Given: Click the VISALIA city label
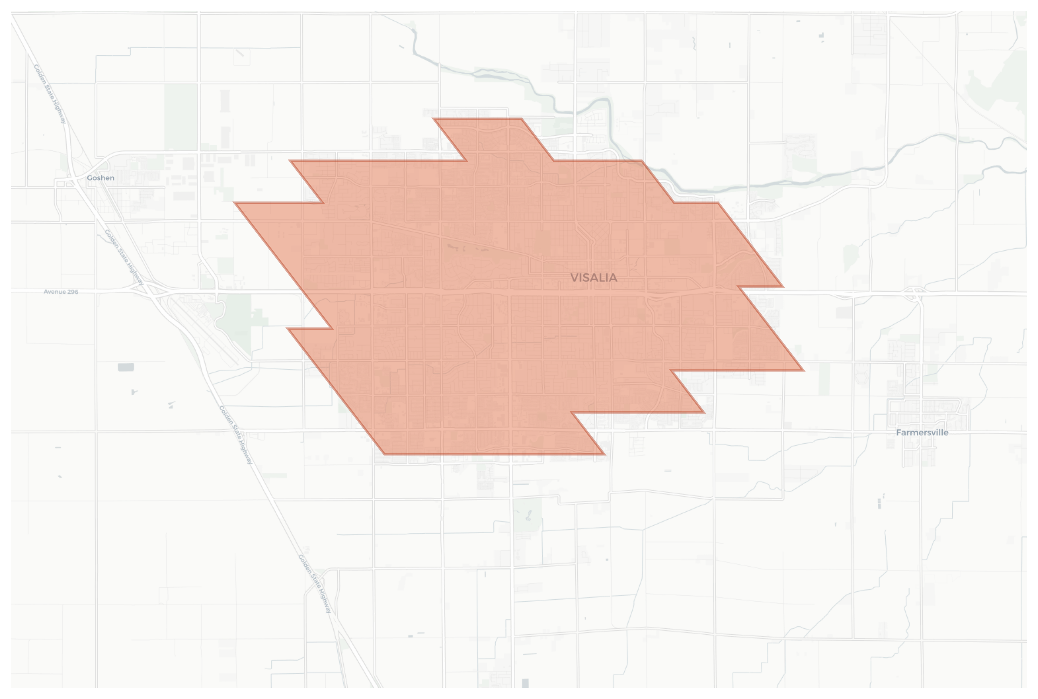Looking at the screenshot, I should [x=593, y=278].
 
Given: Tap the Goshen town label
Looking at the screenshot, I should [x=100, y=178].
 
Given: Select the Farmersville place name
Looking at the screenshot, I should [x=922, y=432].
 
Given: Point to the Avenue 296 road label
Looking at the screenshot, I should [x=61, y=291].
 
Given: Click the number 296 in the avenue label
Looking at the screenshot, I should [x=72, y=291].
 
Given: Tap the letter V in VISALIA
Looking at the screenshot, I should [x=575, y=278].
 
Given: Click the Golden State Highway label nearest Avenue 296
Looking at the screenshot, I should [x=124, y=257].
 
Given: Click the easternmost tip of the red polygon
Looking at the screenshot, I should [x=803, y=370].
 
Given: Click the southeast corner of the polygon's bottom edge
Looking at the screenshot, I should [x=604, y=454].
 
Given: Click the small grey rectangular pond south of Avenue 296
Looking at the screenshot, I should [x=126, y=367].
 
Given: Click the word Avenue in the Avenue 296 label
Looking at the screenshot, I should [x=55, y=291].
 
